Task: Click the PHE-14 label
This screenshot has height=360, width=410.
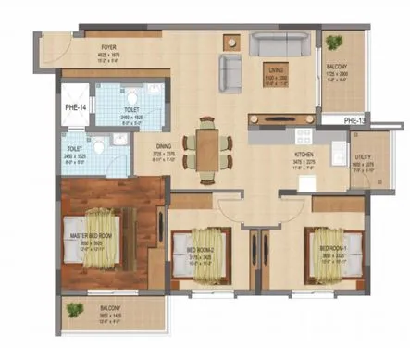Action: coord(76,108)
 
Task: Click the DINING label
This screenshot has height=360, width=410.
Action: coord(163,145)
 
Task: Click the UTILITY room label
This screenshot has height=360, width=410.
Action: coord(363,158)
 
